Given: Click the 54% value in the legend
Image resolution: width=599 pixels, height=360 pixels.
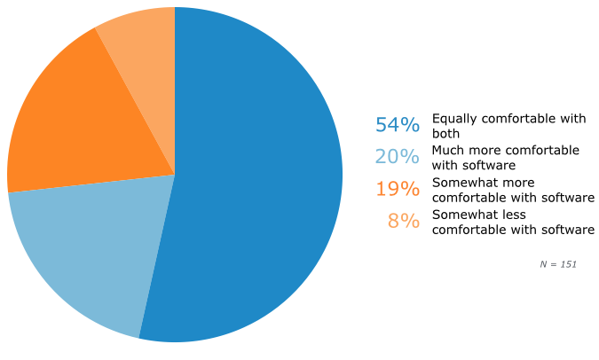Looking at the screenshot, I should (397, 125).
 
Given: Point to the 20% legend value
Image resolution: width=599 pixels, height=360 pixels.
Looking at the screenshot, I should (397, 157).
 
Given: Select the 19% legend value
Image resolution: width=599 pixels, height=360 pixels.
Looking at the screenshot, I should (397, 189).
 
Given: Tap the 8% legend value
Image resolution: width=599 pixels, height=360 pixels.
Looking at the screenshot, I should (403, 221).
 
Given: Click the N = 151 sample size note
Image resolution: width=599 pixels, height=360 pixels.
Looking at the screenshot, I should (558, 264).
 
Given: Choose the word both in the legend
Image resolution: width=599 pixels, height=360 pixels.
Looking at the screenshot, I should (445, 132).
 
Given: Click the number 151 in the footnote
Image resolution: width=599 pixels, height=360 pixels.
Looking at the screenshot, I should (567, 264).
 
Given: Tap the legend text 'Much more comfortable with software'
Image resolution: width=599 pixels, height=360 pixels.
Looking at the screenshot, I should (505, 157).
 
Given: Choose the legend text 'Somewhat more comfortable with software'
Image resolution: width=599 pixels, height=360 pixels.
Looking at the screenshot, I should (512, 189).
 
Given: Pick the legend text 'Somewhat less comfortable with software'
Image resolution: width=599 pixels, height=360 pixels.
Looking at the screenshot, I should (512, 221).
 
